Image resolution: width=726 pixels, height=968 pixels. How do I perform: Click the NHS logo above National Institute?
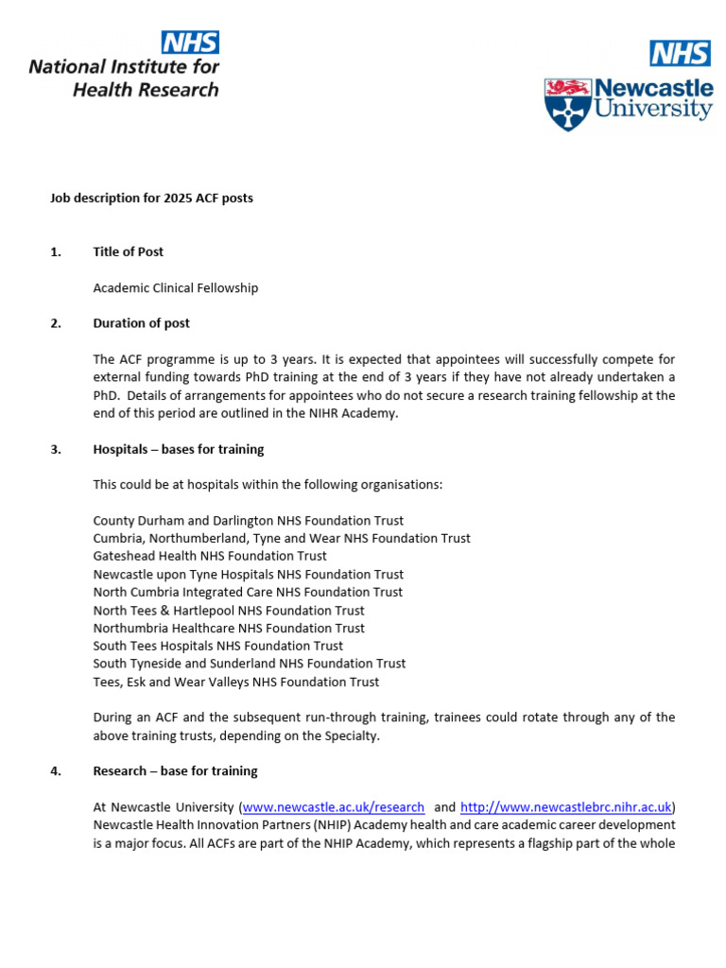pos(191,42)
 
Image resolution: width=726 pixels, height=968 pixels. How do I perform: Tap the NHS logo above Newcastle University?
pos(680,53)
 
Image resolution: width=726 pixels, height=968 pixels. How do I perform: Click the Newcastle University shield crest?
pos(566,104)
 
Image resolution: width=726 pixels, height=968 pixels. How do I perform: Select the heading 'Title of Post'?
pos(128,251)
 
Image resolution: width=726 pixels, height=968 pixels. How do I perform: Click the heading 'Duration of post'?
pos(141,323)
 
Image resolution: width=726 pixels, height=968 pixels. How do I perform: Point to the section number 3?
pos(55,449)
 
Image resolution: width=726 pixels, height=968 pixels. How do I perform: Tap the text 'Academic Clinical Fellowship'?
pos(175,287)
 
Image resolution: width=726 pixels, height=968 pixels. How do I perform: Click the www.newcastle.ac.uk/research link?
pos(334,807)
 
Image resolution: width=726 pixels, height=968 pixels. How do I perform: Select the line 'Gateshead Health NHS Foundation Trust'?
pos(210,556)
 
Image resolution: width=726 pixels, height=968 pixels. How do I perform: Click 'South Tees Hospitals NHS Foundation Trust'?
pos(218,646)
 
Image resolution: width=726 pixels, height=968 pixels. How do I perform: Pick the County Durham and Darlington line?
pos(248,521)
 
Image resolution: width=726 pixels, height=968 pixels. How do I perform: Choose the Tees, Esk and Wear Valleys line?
pos(236,682)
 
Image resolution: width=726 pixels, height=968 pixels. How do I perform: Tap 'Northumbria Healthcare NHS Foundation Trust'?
pos(229,628)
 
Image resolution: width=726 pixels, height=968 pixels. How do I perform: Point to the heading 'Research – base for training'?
pos(175,771)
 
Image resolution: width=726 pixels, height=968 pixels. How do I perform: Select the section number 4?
pos(55,771)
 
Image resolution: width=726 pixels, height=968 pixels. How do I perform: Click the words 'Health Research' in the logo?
pos(146,90)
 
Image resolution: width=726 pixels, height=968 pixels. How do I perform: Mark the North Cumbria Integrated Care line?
pos(248,592)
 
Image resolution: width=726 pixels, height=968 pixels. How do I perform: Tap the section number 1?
pos(55,251)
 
